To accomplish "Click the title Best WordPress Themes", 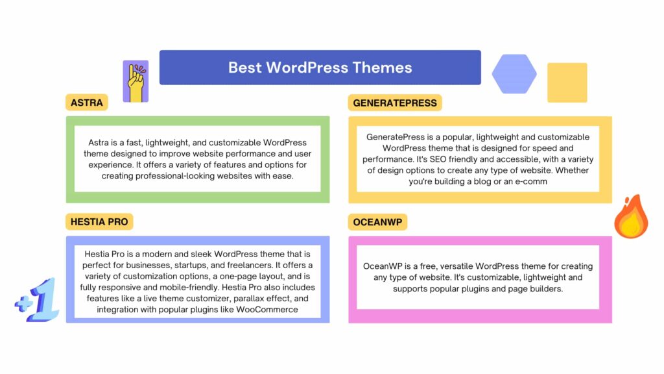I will click(320, 68).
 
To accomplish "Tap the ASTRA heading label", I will click(87, 103).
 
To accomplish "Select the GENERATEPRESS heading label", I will click(395, 103).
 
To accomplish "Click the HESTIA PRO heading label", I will click(99, 221).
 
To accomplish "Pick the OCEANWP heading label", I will click(377, 221).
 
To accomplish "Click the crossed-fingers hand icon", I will click(136, 82).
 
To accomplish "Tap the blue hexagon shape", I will click(514, 74).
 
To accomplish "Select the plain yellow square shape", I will click(567, 82).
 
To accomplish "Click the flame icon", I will click(631, 218).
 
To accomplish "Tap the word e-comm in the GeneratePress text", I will click(529, 181).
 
